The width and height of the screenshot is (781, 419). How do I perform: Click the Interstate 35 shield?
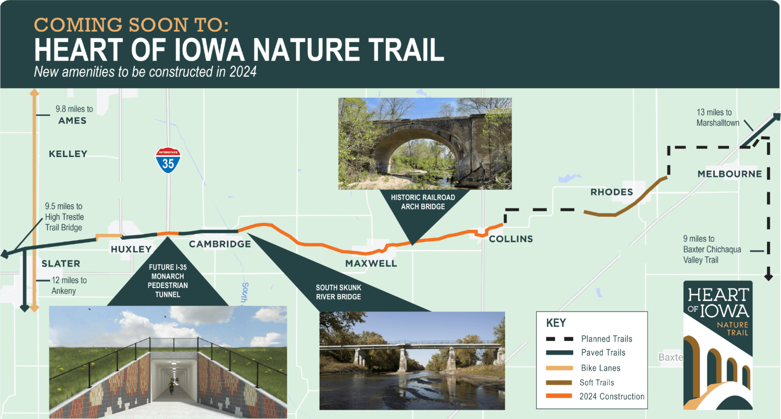(x=168, y=160)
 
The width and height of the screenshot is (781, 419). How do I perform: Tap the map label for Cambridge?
(x=220, y=244)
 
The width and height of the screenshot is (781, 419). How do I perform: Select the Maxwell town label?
(x=371, y=264)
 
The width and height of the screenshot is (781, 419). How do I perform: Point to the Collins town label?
(x=511, y=239)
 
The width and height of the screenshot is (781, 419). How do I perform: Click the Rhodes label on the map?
(x=612, y=192)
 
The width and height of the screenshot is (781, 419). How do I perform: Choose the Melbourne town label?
(x=730, y=174)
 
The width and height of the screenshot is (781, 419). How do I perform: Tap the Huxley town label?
(x=131, y=249)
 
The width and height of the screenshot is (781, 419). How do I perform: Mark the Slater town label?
(x=61, y=264)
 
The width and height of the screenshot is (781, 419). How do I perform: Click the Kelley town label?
(x=68, y=154)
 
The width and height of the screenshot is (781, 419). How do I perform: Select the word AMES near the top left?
(x=72, y=121)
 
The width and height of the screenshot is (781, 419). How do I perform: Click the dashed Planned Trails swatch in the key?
(x=560, y=338)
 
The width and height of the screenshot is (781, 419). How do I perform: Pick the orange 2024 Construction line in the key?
(x=559, y=396)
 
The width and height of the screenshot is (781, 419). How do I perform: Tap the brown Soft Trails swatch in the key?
(x=559, y=383)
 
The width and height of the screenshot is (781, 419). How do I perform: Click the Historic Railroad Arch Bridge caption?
(x=423, y=202)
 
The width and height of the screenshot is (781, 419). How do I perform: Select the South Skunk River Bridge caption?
(x=338, y=292)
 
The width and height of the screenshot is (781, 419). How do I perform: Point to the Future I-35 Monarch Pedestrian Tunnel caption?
(x=168, y=281)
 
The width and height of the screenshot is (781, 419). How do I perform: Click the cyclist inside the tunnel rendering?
(x=171, y=387)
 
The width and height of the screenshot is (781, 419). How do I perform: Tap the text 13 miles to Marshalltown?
(x=718, y=117)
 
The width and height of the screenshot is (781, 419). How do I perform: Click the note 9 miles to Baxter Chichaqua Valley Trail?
(x=712, y=249)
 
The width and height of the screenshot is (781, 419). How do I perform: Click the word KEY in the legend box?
(x=556, y=323)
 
